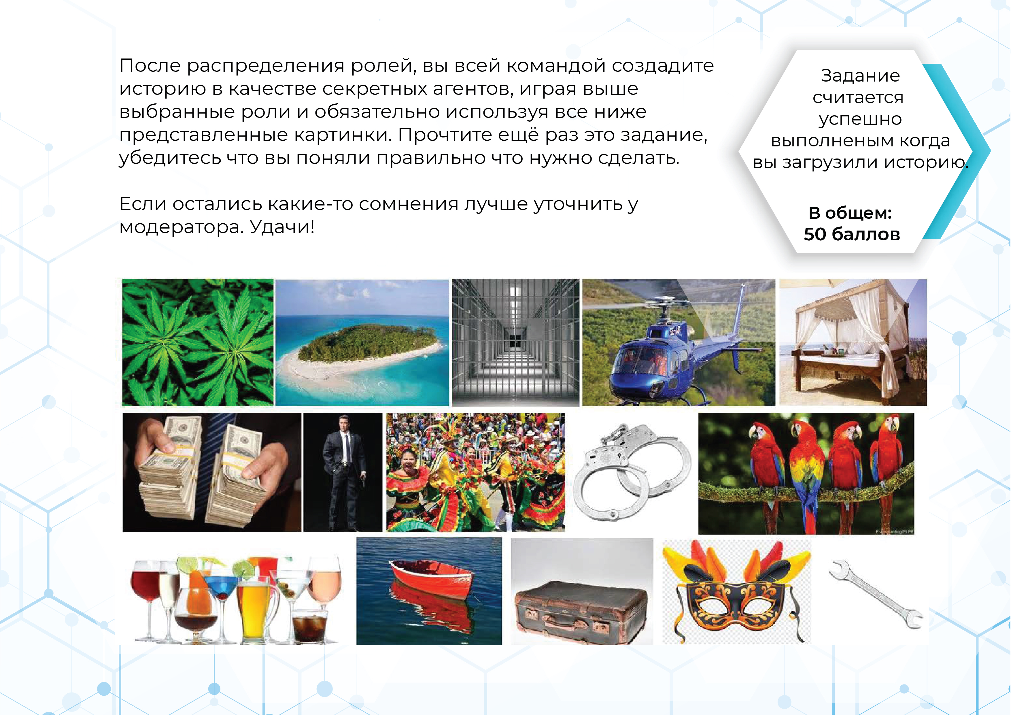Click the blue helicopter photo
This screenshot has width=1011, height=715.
(x=679, y=342)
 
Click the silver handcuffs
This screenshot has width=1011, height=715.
(x=632, y=471)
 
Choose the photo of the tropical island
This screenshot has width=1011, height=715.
(x=362, y=343)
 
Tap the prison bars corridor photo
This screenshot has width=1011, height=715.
(x=516, y=342)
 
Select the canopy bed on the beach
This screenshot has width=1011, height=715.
(x=853, y=342)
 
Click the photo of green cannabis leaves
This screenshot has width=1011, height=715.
(x=198, y=342)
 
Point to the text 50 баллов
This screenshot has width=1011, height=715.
(x=852, y=234)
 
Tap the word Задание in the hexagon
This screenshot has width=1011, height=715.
(x=860, y=76)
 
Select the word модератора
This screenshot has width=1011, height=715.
(x=181, y=228)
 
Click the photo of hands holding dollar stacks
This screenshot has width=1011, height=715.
(x=212, y=472)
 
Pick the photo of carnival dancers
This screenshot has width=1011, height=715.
(x=476, y=472)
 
